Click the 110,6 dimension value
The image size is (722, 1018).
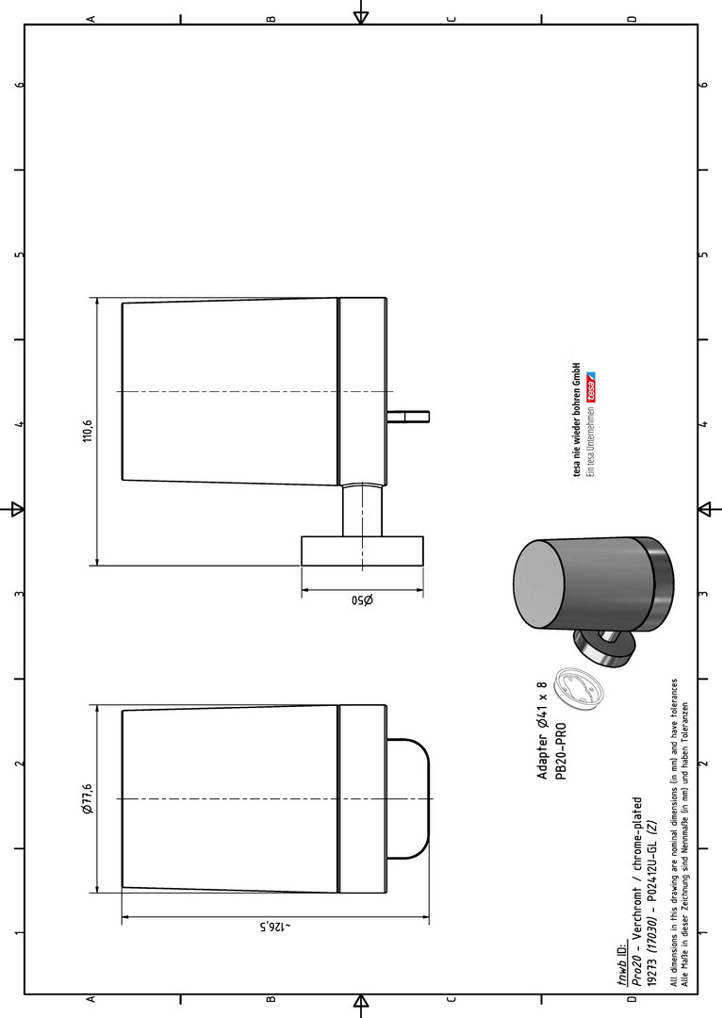pyautogui.click(x=89, y=430)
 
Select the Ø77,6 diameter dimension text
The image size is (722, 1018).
pyautogui.click(x=89, y=799)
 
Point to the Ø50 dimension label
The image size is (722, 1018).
pyautogui.click(x=362, y=599)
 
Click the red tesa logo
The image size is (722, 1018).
pyautogui.click(x=592, y=387)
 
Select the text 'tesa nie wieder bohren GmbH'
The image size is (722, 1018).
pyautogui.click(x=577, y=420)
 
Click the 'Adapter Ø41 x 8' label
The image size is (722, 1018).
pyautogui.click(x=542, y=731)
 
